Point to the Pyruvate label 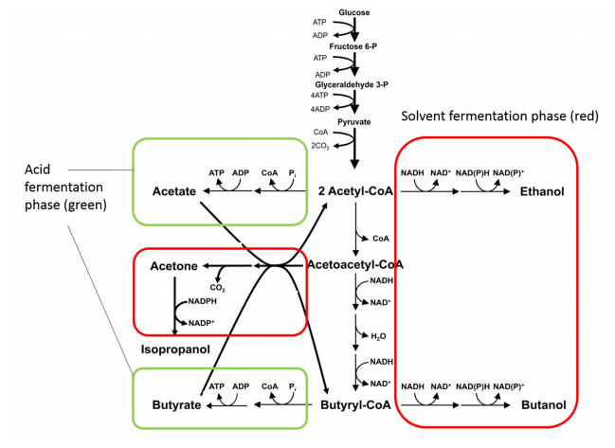coord(353,122)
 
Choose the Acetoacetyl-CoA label coord(355,264)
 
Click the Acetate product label coord(173,192)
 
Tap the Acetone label coord(173,266)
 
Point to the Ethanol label coord(542,192)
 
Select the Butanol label coord(543,405)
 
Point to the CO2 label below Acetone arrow coord(218,287)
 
